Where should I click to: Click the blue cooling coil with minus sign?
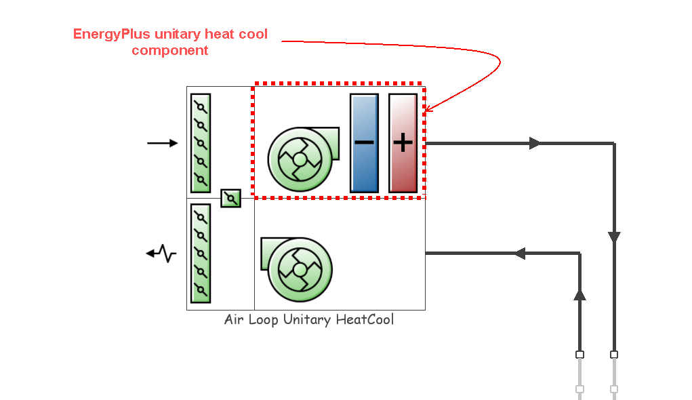(364, 143)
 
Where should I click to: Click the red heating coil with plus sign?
(403, 143)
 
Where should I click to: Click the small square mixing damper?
(231, 198)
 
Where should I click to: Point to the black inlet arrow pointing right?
(163, 143)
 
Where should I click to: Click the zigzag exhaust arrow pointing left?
(161, 254)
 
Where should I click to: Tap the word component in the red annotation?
(170, 50)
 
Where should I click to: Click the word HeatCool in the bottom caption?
(365, 319)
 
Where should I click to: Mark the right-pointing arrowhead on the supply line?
(535, 143)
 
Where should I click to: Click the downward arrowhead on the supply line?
(614, 237)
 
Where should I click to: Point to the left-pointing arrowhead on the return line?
(520, 254)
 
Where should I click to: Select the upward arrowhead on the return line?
(579, 294)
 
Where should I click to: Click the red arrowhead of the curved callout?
(428, 108)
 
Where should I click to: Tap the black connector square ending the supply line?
(614, 355)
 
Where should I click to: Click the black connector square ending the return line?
(579, 355)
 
